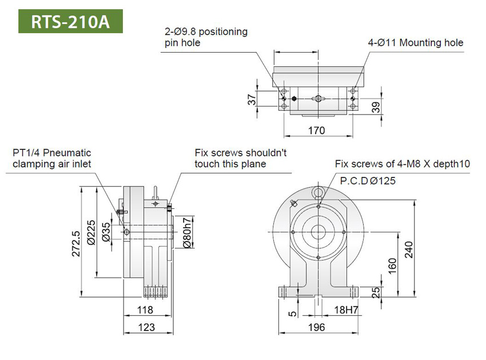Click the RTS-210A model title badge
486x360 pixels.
coord(70,21)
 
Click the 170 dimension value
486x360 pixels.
coord(316,130)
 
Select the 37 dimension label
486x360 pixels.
coord(252,99)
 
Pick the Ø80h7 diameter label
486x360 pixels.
coord(188,234)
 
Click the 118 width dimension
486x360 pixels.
coord(146,310)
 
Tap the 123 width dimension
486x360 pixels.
coord(146,327)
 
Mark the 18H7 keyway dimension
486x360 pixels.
coord(346,310)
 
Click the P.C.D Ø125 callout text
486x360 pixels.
coord(368,180)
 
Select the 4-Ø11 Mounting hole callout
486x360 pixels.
coord(415,43)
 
